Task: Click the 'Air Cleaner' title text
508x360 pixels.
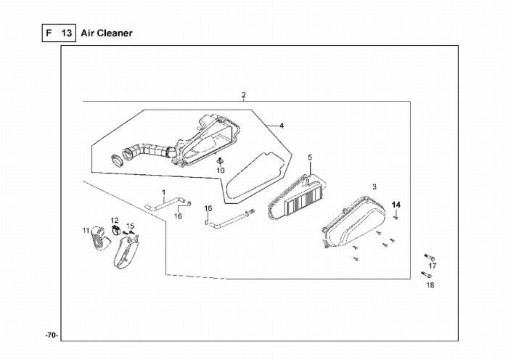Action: coord(107,33)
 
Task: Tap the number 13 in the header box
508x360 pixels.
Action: coord(67,33)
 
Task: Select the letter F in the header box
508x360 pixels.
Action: coord(49,33)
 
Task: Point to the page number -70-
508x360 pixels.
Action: coord(52,335)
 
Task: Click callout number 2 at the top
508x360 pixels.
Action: coord(244,95)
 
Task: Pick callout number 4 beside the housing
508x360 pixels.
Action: coord(282,126)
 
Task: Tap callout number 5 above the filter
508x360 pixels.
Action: coord(310,157)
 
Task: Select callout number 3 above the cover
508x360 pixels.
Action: coord(374,187)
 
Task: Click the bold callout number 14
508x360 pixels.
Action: coord(396,205)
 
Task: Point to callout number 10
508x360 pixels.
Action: coord(221,171)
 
